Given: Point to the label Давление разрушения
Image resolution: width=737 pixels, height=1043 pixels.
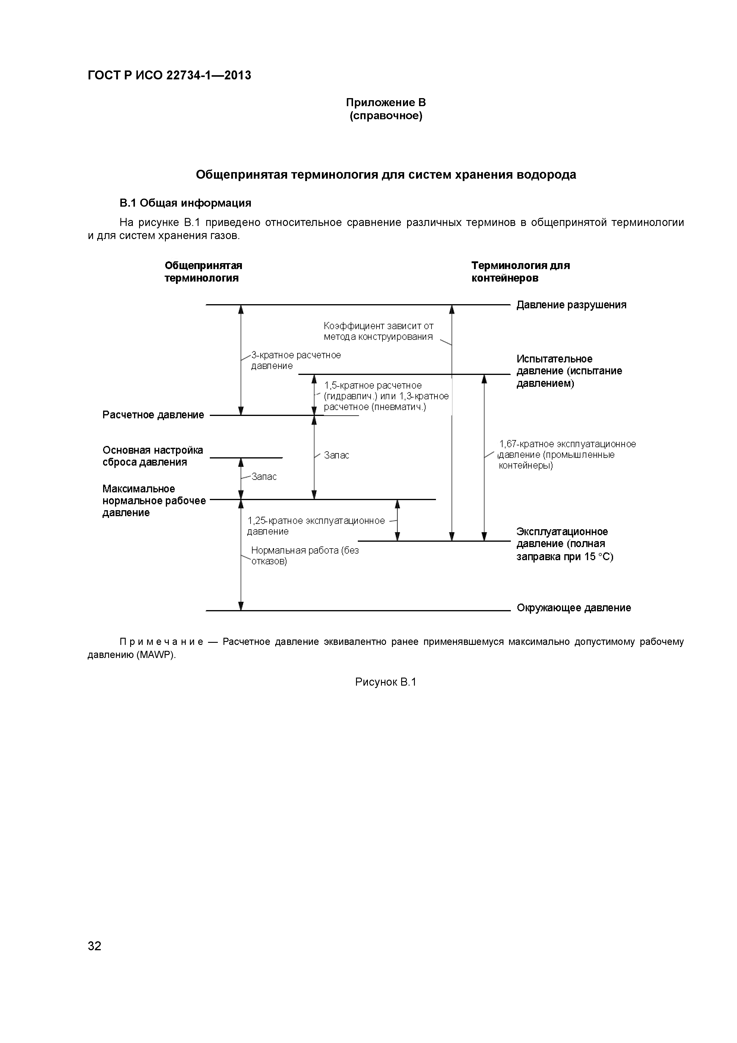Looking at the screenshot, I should pyautogui.click(x=571, y=305).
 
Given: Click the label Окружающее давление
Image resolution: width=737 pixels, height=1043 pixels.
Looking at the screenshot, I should pyautogui.click(x=574, y=608).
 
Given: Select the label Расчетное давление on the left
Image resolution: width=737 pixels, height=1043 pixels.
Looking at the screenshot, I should pyautogui.click(x=153, y=415).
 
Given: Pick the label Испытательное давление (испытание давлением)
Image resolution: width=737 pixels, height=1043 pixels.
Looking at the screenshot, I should pyautogui.click(x=569, y=371).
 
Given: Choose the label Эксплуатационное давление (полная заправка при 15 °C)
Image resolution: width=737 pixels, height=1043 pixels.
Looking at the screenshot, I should pyautogui.click(x=564, y=544).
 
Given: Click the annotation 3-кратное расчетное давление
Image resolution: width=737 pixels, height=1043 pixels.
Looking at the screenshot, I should pyautogui.click(x=296, y=360).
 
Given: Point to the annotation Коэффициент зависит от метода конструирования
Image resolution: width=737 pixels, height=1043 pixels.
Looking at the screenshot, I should pyautogui.click(x=378, y=331).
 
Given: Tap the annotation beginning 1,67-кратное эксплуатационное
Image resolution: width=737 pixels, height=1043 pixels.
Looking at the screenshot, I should pyautogui.click(x=567, y=455).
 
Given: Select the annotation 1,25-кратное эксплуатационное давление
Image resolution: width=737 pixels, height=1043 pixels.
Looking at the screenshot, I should pyautogui.click(x=316, y=526).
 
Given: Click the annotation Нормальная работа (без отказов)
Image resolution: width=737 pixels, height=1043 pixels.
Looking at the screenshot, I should pyautogui.click(x=305, y=556).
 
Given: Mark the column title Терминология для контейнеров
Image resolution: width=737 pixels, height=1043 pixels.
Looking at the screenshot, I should pyautogui.click(x=520, y=272).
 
